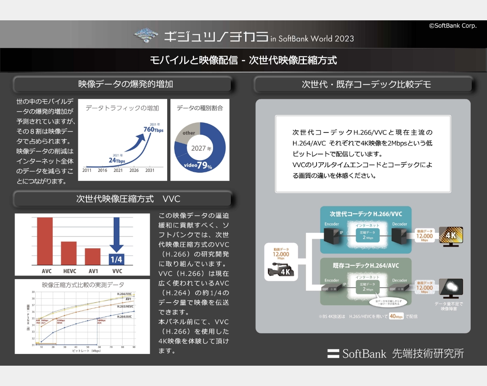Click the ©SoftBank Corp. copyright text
pyautogui.click(x=453, y=26)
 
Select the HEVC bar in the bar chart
pyautogui.click(x=69, y=253)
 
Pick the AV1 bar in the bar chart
pyautogui.click(x=93, y=256)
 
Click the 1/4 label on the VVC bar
pyautogui.click(x=117, y=259)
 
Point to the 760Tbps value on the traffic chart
pyautogui.click(x=153, y=129)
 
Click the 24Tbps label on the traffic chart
pyautogui.click(x=116, y=160)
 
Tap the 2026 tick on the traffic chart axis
pyautogui.click(x=134, y=171)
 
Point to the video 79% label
pyautogui.click(x=198, y=165)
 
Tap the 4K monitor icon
pyautogui.click(x=450, y=236)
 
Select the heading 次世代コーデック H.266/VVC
pyautogui.click(x=366, y=214)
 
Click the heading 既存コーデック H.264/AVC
pyautogui.click(x=366, y=266)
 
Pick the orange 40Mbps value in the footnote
pyautogui.click(x=396, y=316)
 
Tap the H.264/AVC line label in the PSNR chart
pyautogui.click(x=124, y=316)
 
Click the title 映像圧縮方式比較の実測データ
pyautogui.click(x=83, y=284)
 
